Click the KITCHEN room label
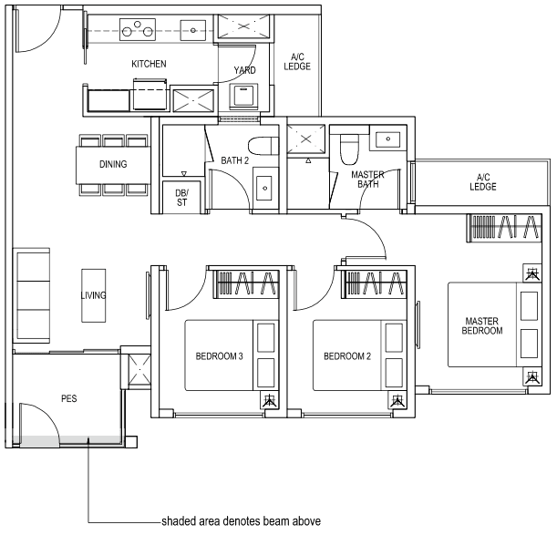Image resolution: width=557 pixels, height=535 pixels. (x=149, y=64)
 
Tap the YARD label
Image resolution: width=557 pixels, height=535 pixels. (x=244, y=70)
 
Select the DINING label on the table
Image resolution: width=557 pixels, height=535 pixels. (x=113, y=165)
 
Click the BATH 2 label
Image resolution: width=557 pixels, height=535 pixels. (x=234, y=161)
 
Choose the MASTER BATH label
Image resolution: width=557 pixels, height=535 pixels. (x=367, y=179)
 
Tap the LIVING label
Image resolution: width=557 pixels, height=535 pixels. (x=93, y=295)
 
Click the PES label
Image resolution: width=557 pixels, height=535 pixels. (x=68, y=398)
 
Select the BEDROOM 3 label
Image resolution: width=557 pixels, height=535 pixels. (x=219, y=356)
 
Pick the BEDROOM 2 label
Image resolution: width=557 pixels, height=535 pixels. (x=346, y=356)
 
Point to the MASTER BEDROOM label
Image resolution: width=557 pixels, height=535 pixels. (x=483, y=325)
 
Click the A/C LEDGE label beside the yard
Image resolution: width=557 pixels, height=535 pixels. (x=297, y=61)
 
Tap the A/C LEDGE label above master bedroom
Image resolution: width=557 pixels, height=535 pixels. (x=483, y=181)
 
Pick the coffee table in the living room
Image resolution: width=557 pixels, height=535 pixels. (x=93, y=294)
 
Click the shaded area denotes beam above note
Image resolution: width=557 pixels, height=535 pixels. (x=241, y=521)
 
